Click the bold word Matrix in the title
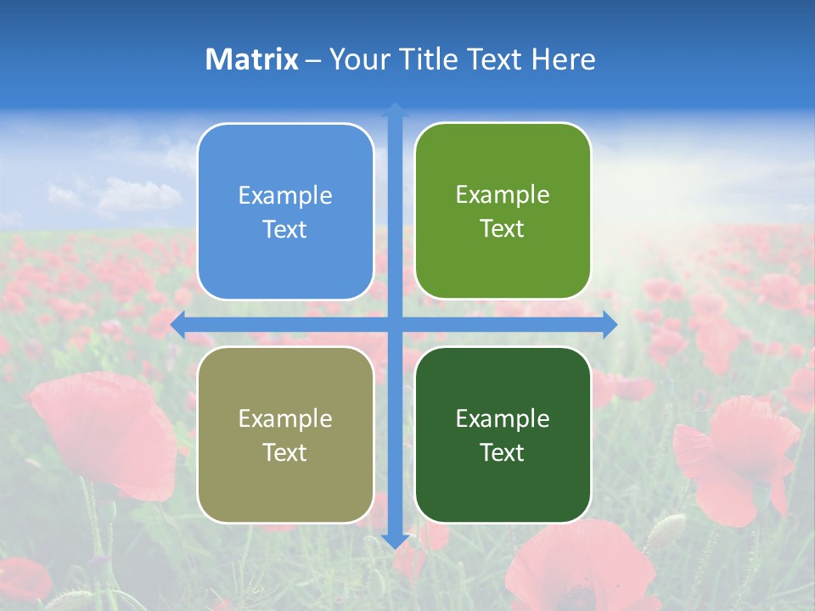click(252, 59)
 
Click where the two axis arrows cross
click(395, 324)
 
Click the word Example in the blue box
click(285, 196)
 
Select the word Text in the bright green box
click(503, 229)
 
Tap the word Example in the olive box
click(285, 418)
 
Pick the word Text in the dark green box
click(503, 452)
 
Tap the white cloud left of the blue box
click(136, 195)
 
